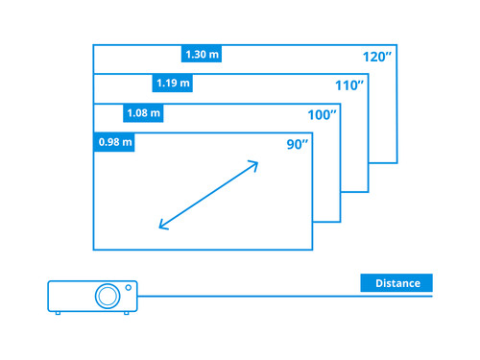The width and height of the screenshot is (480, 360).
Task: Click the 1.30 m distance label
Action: pyautogui.click(x=202, y=54)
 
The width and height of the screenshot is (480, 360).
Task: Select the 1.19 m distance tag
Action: pyautogui.click(x=173, y=84)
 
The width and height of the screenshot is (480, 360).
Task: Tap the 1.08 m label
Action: pyautogui.click(x=144, y=113)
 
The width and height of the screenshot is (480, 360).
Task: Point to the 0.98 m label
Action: pyautogui.click(x=115, y=143)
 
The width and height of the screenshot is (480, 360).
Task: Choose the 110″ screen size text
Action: pyautogui.click(x=349, y=86)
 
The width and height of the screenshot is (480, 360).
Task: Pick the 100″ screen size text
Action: pyautogui.click(x=322, y=115)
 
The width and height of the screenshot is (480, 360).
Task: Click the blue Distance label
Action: pyautogui.click(x=396, y=283)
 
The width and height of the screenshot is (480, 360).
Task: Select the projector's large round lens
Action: pyautogui.click(x=105, y=296)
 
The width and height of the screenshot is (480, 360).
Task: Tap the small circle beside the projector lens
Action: pyautogui.click(x=128, y=287)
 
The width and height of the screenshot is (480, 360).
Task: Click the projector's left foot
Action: pyautogui.click(x=58, y=313)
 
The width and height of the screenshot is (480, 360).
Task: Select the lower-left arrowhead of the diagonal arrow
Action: pyautogui.click(x=162, y=227)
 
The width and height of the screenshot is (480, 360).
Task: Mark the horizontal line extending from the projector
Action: pyautogui.click(x=288, y=296)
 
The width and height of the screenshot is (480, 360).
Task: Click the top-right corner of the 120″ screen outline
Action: pyautogui.click(x=396, y=44)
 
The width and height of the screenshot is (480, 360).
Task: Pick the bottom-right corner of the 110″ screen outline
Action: pyautogui.click(x=369, y=192)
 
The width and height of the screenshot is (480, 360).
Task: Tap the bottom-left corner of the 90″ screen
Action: pyautogui.click(x=93, y=250)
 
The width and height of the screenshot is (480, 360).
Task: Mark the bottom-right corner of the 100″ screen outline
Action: pyautogui.click(x=340, y=221)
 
